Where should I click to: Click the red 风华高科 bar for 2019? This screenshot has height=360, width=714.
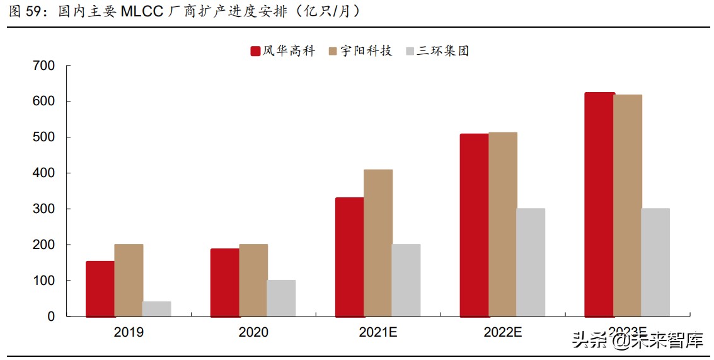(x=100, y=289)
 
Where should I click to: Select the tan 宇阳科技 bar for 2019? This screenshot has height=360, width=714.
(x=129, y=280)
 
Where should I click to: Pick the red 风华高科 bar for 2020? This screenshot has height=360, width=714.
(x=225, y=282)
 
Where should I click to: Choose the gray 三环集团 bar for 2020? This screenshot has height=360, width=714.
(x=281, y=298)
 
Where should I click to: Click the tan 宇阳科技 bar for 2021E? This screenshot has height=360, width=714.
(x=378, y=243)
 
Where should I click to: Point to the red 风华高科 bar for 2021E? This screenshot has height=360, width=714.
(x=349, y=257)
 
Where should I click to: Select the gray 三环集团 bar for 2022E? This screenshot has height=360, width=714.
(x=531, y=262)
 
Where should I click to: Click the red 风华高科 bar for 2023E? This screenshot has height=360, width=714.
(x=599, y=204)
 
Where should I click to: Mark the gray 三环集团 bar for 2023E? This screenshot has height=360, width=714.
(x=655, y=262)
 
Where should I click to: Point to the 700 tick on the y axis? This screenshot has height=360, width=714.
(x=43, y=66)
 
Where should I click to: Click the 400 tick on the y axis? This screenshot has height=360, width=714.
(x=43, y=173)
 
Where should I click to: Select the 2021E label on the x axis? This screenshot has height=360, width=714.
(x=378, y=332)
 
